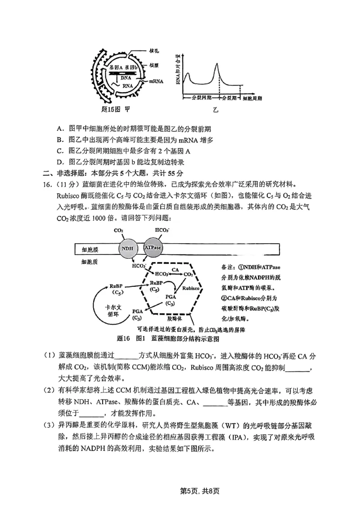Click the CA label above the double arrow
point(176,267)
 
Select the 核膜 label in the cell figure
point(154,66)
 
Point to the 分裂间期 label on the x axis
point(201,97)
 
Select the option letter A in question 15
point(59,127)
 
